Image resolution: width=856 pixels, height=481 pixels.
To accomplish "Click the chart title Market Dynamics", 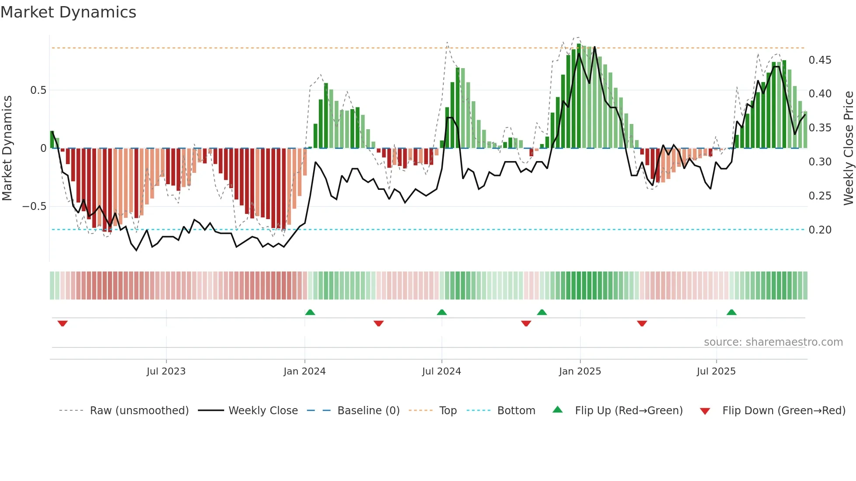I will (x=68, y=12).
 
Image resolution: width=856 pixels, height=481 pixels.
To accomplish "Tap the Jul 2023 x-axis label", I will (x=166, y=371).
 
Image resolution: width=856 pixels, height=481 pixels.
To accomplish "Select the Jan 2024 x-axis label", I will (x=304, y=371).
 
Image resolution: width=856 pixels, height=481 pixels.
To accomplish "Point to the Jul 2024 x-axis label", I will (x=441, y=371).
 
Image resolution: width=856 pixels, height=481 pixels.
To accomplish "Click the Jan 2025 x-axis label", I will (x=580, y=371).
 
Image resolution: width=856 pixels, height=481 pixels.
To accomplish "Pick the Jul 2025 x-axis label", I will (x=716, y=371).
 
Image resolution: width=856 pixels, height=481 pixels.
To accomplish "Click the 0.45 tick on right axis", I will (x=820, y=60).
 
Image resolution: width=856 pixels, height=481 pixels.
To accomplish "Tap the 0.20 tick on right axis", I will (x=820, y=230).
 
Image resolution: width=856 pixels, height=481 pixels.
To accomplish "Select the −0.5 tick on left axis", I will (x=34, y=206).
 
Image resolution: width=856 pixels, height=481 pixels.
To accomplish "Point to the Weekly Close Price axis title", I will (x=848, y=148).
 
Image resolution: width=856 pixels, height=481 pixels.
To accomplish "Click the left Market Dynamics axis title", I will (x=7, y=148).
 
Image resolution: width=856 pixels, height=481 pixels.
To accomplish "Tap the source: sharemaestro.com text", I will (x=773, y=342).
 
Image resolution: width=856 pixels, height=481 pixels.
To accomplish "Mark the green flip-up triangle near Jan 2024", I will (x=310, y=312).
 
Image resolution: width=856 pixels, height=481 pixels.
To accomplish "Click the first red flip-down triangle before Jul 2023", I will (x=62, y=323).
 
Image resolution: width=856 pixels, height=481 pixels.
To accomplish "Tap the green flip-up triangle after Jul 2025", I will (x=732, y=312).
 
